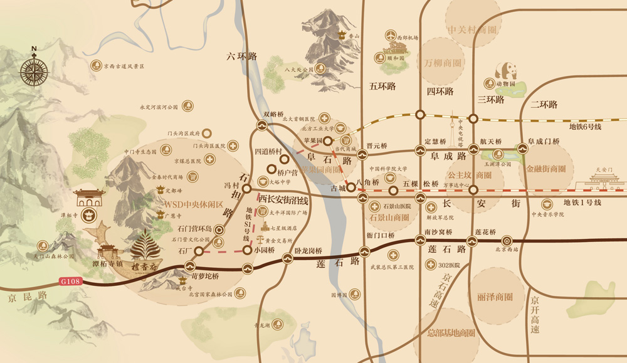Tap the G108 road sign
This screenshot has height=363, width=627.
71,281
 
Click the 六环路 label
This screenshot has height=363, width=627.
242,56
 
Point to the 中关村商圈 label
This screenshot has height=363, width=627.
472,30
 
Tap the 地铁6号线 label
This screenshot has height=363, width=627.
585,127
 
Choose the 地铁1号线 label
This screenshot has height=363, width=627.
582,203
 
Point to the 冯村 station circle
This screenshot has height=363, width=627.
247,188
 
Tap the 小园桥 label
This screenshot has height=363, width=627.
265,250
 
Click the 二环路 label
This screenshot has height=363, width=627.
544,105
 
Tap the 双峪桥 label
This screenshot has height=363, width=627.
274,114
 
